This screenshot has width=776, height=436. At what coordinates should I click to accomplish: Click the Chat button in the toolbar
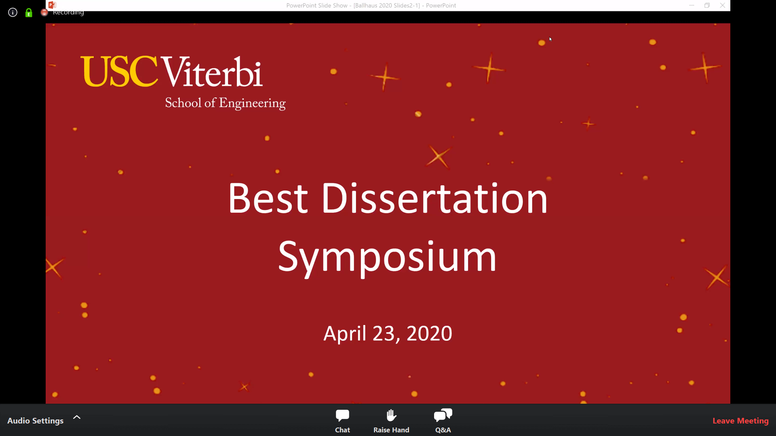[342, 421]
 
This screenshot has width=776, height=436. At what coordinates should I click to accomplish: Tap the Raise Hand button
[391, 421]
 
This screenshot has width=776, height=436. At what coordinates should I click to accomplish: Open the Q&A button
[443, 421]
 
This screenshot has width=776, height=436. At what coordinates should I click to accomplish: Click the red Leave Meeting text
[740, 421]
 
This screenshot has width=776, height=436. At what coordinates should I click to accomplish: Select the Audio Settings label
[36, 421]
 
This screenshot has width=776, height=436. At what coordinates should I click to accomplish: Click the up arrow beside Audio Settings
[77, 417]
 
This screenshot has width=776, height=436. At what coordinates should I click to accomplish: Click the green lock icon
[29, 13]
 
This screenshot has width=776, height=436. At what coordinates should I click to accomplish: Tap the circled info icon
[13, 13]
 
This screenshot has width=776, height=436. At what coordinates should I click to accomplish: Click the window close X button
[723, 5]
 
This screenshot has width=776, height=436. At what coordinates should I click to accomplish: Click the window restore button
[707, 5]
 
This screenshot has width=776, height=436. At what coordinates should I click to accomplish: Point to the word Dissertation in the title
[434, 198]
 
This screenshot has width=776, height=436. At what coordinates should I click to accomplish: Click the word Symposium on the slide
[387, 258]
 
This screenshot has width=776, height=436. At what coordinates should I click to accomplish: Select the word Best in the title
[268, 198]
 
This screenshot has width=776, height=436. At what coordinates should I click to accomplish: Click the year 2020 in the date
[429, 333]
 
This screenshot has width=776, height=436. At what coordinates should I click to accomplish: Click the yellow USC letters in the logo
[119, 71]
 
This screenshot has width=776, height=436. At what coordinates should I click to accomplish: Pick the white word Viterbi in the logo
[212, 71]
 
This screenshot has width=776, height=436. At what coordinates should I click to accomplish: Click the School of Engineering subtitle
[225, 103]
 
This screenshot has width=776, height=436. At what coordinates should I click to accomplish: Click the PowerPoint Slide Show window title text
[371, 5]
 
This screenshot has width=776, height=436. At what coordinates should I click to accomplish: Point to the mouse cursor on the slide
[550, 39]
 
